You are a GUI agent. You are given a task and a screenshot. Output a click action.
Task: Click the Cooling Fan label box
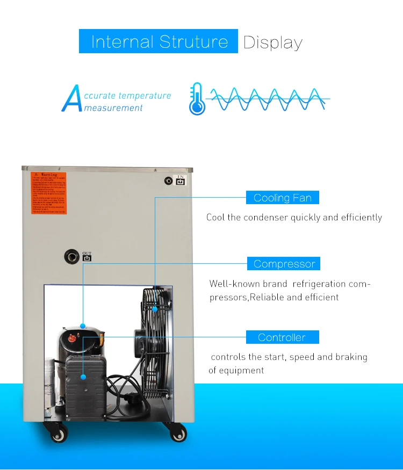(x=283, y=198)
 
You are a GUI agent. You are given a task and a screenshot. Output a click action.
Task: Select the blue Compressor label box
(x=284, y=264)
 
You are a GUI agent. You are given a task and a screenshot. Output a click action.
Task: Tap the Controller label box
(x=282, y=337)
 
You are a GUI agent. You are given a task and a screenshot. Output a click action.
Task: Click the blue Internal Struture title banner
(x=159, y=41)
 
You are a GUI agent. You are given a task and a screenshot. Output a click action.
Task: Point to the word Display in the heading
(x=273, y=42)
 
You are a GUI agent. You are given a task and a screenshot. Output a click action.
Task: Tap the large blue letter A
(x=71, y=98)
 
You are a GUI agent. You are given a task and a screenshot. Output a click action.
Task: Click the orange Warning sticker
(x=48, y=193)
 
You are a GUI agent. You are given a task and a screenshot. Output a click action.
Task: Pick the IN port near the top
(x=169, y=182)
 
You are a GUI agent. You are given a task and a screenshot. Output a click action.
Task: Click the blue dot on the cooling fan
(x=155, y=309)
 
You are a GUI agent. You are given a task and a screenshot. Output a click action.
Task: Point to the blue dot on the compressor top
(x=83, y=326)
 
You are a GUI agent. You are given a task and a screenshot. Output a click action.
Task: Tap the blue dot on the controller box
(x=83, y=377)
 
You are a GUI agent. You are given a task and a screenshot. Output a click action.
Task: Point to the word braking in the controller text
(x=351, y=357)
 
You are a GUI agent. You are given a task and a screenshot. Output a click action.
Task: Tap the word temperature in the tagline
(x=145, y=96)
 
